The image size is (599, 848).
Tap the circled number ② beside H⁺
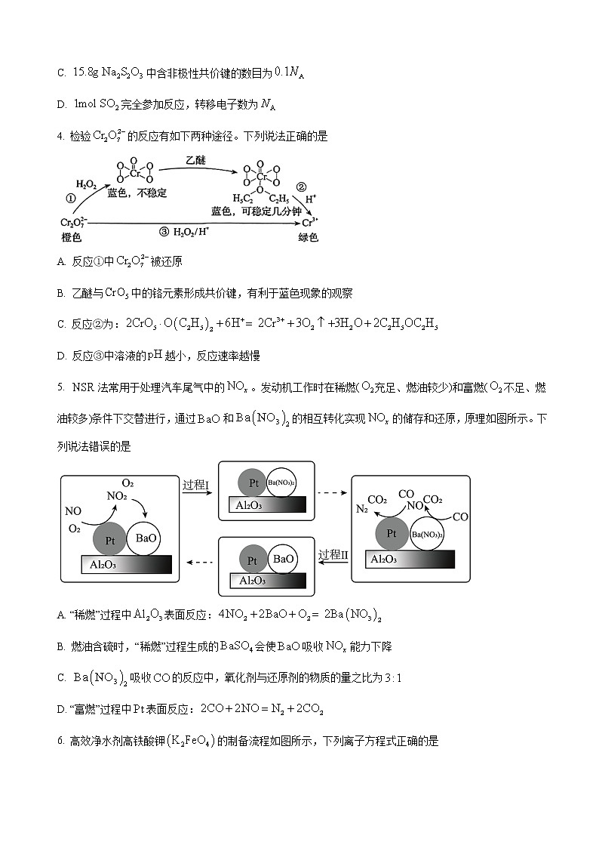[x=301, y=187]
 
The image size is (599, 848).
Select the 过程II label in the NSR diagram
[x=333, y=554]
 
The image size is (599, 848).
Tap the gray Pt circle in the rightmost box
[x=392, y=533]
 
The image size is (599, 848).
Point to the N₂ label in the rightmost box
[x=362, y=510]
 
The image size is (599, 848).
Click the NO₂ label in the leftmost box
[x=116, y=497]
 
